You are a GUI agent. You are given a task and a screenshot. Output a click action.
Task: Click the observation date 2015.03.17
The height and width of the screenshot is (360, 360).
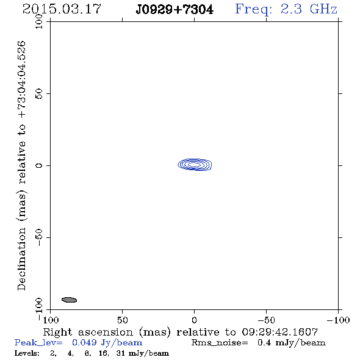(62, 9)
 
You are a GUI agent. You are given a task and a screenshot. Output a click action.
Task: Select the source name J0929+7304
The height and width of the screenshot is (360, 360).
(175, 10)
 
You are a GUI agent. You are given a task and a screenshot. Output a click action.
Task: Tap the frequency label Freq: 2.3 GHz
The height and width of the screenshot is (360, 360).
(286, 9)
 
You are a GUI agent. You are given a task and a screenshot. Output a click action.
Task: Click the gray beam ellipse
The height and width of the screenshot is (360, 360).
(69, 300)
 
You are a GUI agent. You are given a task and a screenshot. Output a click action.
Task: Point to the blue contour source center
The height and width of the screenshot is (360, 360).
(195, 165)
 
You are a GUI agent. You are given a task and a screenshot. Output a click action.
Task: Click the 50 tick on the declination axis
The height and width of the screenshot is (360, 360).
(39, 94)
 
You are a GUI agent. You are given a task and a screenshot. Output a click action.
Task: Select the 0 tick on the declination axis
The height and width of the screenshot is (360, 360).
(39, 165)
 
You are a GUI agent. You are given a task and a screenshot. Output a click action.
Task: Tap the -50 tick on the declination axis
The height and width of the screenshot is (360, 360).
(39, 237)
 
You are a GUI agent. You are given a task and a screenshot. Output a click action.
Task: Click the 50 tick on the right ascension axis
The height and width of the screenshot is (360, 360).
(122, 320)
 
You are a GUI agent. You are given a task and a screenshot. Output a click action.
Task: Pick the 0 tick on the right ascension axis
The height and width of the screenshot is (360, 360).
(194, 320)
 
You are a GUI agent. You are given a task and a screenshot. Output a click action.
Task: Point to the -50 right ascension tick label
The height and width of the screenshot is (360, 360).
(266, 320)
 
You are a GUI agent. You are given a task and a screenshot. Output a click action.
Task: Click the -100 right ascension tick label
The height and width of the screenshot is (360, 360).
(338, 320)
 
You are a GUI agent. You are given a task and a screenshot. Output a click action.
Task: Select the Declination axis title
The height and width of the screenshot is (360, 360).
(21, 166)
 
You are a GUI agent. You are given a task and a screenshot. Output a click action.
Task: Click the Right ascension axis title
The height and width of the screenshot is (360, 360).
(180, 332)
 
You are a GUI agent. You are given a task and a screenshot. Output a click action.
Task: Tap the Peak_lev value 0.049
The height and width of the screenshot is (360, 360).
(84, 342)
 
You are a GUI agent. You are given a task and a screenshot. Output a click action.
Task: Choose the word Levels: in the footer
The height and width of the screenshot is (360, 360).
(27, 353)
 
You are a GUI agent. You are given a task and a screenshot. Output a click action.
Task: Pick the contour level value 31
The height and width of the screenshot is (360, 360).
(120, 353)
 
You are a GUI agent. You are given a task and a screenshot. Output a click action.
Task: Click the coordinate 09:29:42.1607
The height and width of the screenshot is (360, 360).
(279, 332)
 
